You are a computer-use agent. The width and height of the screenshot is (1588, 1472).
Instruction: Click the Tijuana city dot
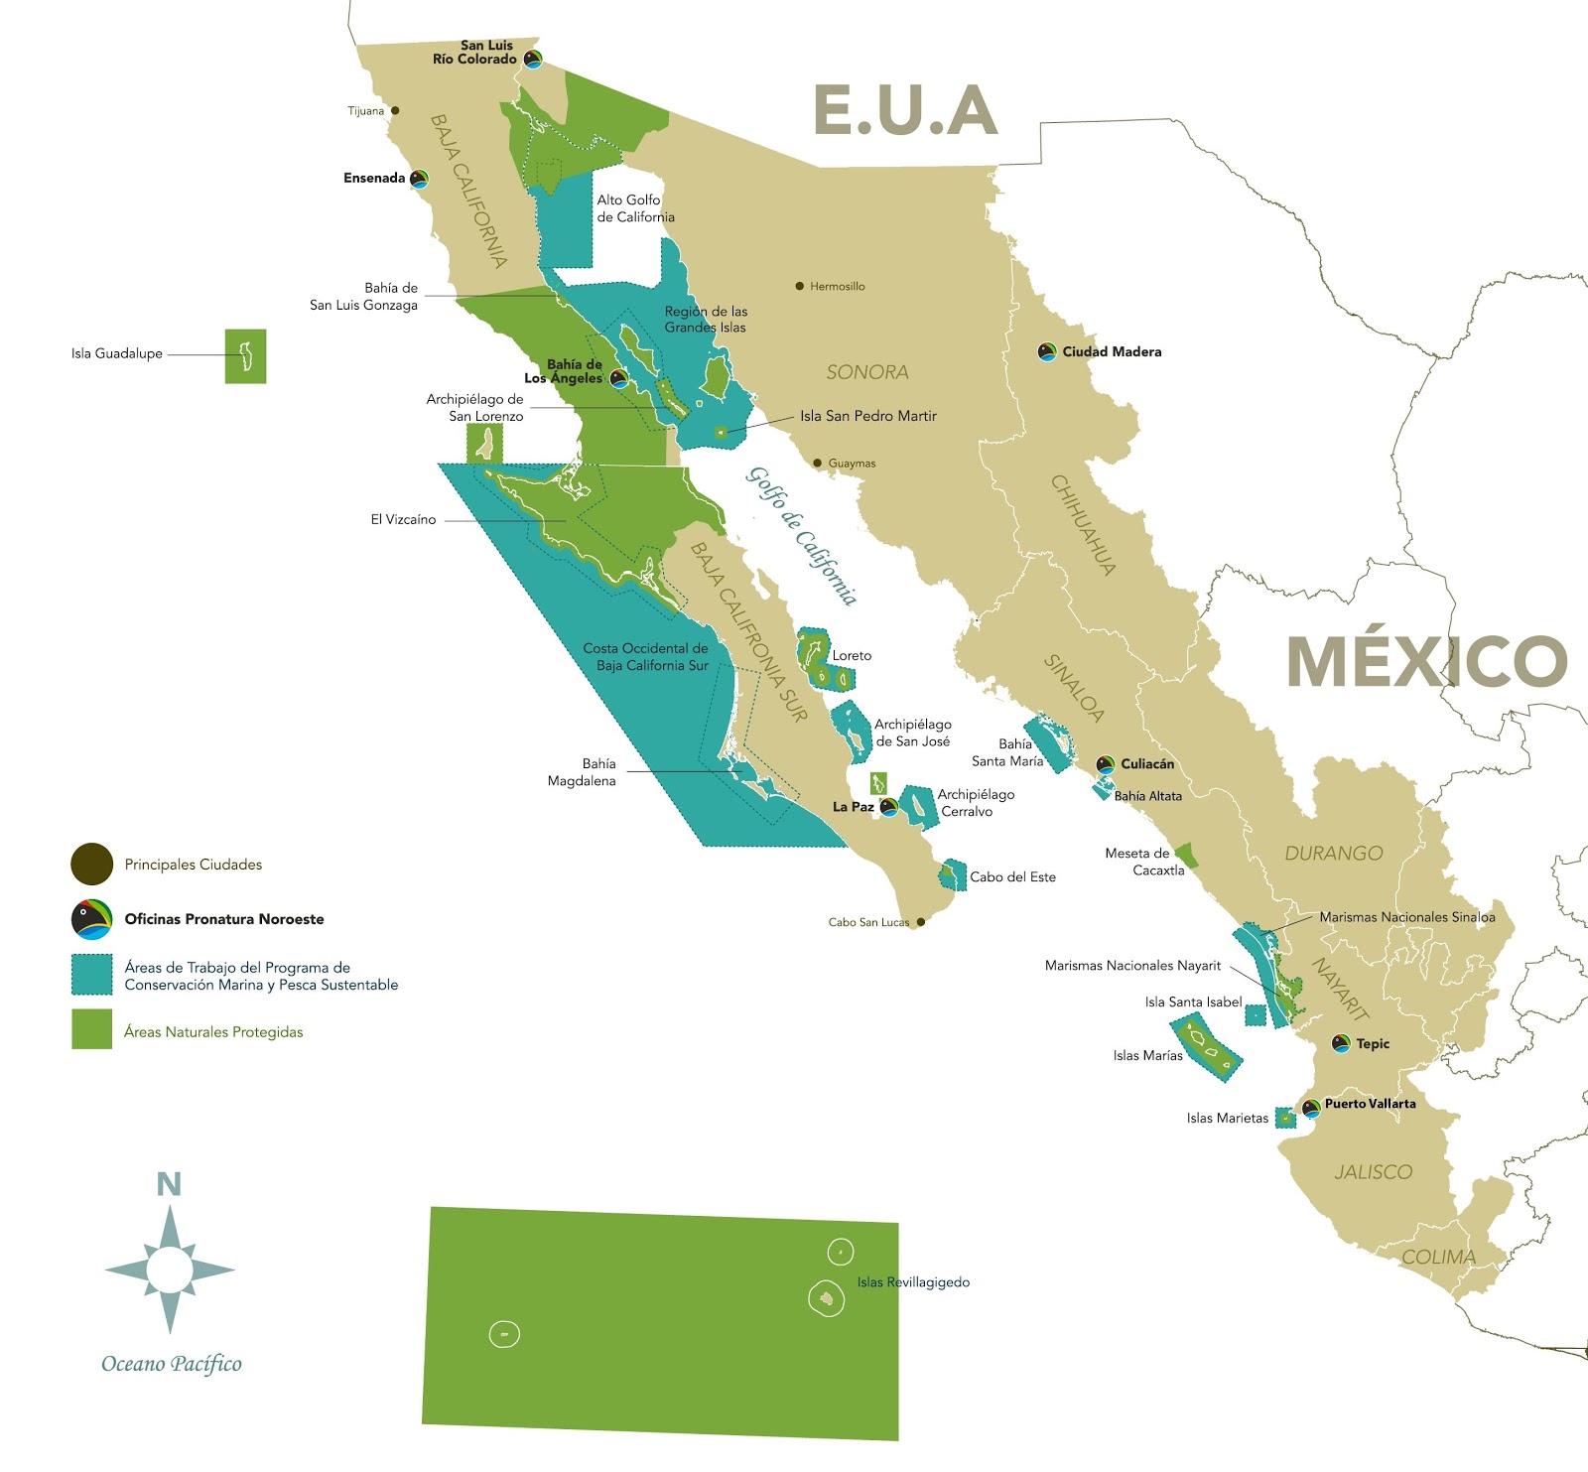pyautogui.click(x=395, y=110)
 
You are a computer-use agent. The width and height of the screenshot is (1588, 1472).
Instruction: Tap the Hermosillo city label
pyautogui.click(x=837, y=286)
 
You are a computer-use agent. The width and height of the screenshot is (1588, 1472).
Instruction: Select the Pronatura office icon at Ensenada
pyautogui.click(x=419, y=179)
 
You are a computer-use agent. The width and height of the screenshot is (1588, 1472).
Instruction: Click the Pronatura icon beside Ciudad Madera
pyautogui.click(x=1046, y=351)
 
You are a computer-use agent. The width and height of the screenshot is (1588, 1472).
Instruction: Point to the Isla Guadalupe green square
pyautogui.click(x=245, y=355)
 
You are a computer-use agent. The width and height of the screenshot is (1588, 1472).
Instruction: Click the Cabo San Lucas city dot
pyautogui.click(x=921, y=922)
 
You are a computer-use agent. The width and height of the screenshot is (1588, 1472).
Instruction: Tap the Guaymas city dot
pyautogui.click(x=818, y=463)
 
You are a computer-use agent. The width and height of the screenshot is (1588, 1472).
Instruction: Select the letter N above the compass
pyautogui.click(x=169, y=1184)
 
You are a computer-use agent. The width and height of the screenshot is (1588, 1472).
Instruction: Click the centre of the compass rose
pyautogui.click(x=170, y=1269)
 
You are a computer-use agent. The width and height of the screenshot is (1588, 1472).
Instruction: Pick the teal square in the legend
pyautogui.click(x=91, y=975)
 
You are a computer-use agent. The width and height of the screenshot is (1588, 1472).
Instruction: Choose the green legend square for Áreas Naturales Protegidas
pyautogui.click(x=91, y=1029)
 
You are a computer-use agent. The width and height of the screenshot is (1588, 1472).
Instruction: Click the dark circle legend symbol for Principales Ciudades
pyautogui.click(x=91, y=864)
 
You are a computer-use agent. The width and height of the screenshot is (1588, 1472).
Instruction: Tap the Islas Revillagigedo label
pyautogui.click(x=913, y=1282)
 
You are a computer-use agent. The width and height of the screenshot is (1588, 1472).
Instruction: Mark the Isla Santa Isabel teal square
pyautogui.click(x=1256, y=1014)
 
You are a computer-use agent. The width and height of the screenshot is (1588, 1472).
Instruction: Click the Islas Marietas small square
pyautogui.click(x=1285, y=1118)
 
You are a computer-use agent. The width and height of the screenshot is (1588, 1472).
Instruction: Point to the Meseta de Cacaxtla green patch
pyautogui.click(x=1186, y=855)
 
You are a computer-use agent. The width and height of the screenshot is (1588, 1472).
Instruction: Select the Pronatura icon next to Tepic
pyautogui.click(x=1341, y=1043)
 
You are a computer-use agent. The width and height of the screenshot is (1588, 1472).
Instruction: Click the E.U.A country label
pyautogui.click(x=905, y=110)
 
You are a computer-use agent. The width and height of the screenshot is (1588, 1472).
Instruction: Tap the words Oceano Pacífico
pyautogui.click(x=172, y=1364)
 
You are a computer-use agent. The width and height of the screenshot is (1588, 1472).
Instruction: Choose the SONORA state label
pyautogui.click(x=867, y=372)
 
